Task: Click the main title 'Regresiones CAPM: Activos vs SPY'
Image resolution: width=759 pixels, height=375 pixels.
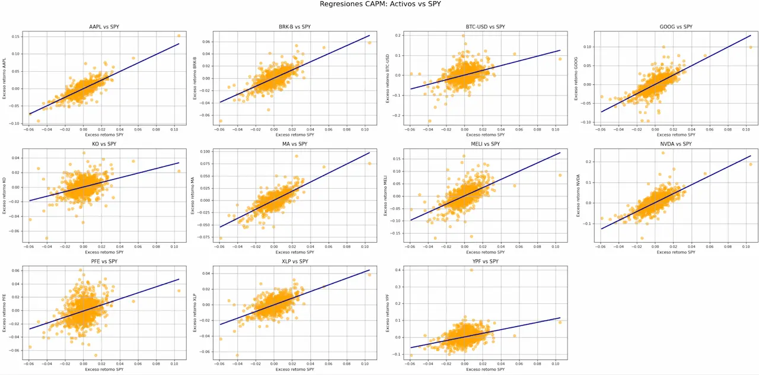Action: (380, 4)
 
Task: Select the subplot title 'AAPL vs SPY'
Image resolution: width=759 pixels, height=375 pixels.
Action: (103, 27)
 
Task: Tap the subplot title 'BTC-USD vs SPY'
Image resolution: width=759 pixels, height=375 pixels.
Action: (485, 27)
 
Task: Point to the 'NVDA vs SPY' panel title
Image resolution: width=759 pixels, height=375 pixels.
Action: (675, 144)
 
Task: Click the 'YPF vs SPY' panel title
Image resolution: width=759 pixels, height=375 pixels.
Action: (485, 261)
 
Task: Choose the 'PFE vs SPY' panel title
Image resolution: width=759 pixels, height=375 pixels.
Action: (103, 261)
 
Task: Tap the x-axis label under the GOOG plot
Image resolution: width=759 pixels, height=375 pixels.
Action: (675, 135)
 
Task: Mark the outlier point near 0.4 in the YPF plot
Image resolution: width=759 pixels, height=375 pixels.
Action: (471, 270)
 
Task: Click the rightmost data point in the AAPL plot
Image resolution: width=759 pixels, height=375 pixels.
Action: (178, 36)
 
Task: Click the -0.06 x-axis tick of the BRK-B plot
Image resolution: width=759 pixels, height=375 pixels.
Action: (219, 128)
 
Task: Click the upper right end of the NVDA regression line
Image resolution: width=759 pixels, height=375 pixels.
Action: (750, 156)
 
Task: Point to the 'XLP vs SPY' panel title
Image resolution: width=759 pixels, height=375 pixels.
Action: (294, 261)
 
